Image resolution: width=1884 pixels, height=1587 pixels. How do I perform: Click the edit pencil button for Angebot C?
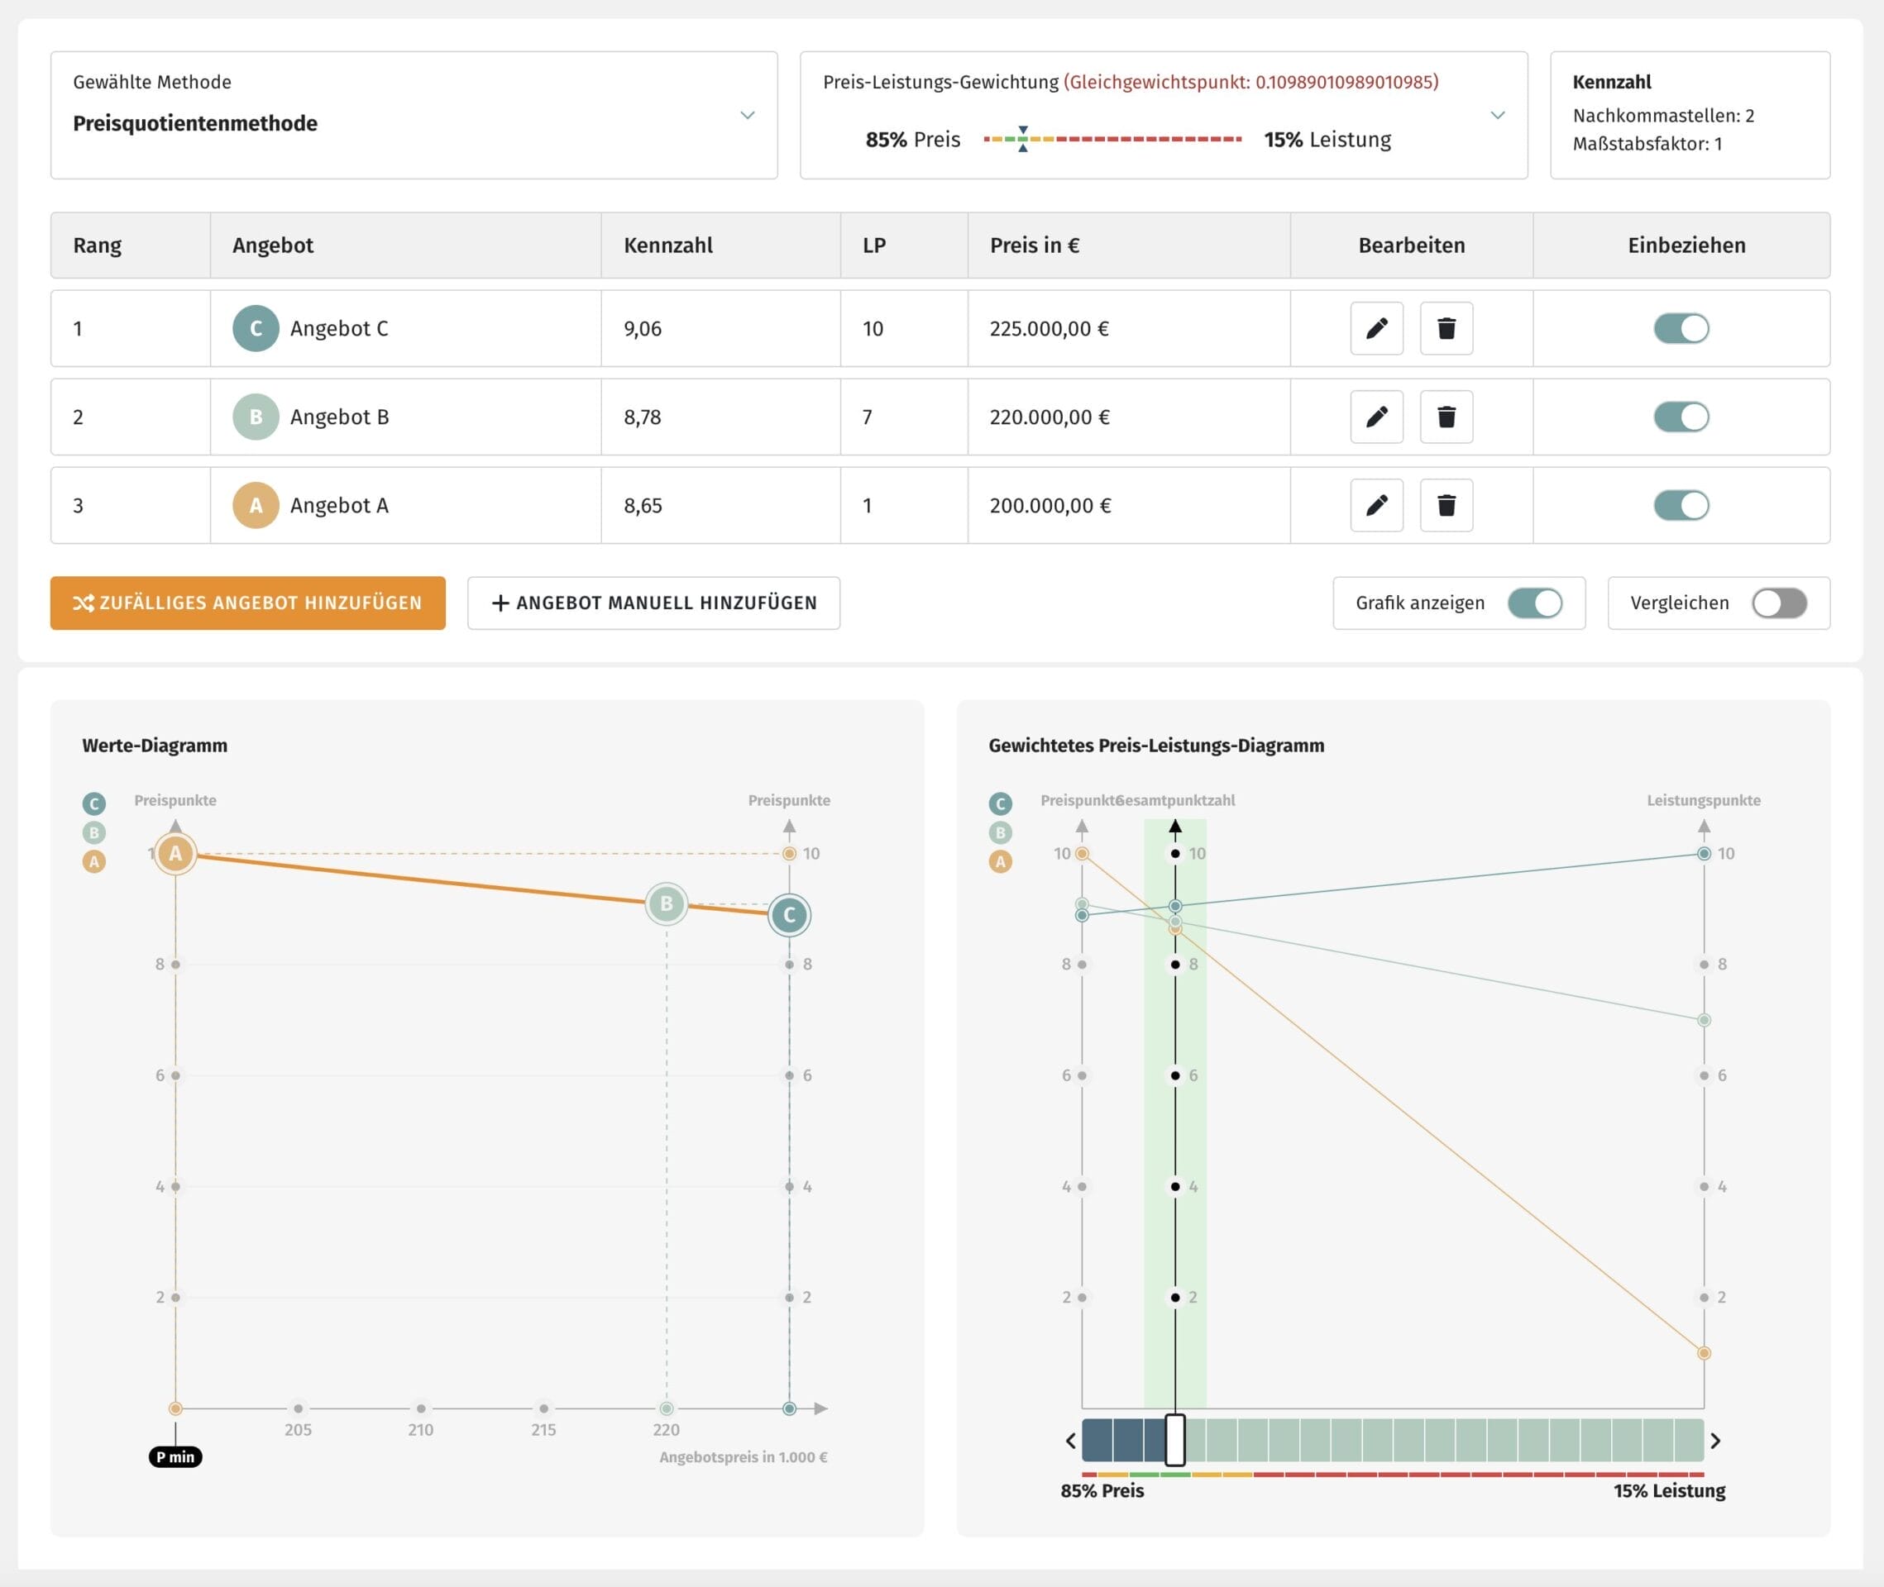pyautogui.click(x=1376, y=328)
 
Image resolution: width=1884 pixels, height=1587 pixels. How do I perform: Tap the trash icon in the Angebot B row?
pyautogui.click(x=1446, y=417)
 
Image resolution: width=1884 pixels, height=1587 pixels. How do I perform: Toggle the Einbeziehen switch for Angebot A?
pyautogui.click(x=1681, y=506)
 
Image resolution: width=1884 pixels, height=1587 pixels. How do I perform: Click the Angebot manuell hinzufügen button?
pyautogui.click(x=653, y=603)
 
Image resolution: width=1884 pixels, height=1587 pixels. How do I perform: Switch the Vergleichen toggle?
pyautogui.click(x=1779, y=603)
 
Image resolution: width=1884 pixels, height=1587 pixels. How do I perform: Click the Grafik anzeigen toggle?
pyautogui.click(x=1535, y=603)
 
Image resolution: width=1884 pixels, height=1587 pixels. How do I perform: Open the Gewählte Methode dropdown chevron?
pyautogui.click(x=747, y=115)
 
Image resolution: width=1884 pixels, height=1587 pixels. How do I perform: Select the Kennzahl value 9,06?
pyautogui.click(x=643, y=329)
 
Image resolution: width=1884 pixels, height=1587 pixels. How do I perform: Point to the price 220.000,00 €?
pyautogui.click(x=1050, y=417)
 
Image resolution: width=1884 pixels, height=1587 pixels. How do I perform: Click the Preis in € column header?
pyautogui.click(x=1035, y=245)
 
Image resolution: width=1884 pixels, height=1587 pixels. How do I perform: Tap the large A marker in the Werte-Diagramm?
pyautogui.click(x=175, y=853)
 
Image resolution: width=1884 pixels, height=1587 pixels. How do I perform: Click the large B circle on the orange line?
pyautogui.click(x=666, y=903)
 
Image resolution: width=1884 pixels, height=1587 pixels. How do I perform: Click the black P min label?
pyautogui.click(x=175, y=1456)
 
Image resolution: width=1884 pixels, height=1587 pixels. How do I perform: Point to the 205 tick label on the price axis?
pyautogui.click(x=298, y=1430)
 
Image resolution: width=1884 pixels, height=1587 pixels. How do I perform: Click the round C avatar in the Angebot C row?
pyautogui.click(x=256, y=328)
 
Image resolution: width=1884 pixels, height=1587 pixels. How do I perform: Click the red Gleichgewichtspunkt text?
pyautogui.click(x=1251, y=82)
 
